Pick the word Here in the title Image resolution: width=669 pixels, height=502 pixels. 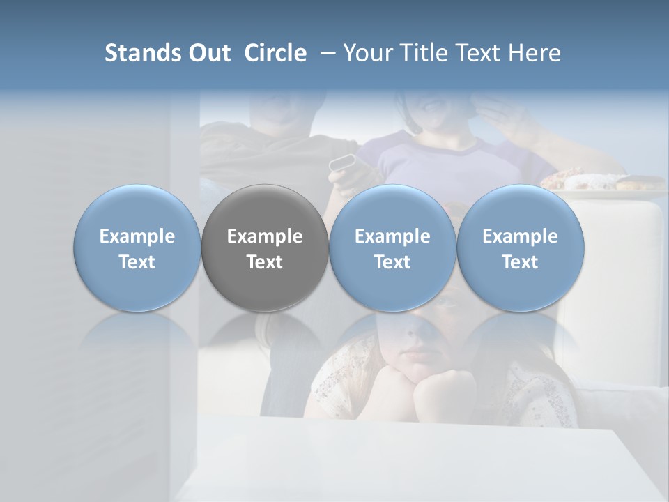pyautogui.click(x=534, y=53)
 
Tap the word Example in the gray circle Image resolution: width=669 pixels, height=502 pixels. pyautogui.click(x=265, y=236)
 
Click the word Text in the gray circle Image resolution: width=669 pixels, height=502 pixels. pyautogui.click(x=265, y=262)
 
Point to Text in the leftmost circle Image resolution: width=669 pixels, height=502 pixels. pyautogui.click(x=137, y=262)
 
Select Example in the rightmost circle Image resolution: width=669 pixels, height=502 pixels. pyautogui.click(x=520, y=236)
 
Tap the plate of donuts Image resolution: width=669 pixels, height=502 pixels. pyautogui.click(x=599, y=182)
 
